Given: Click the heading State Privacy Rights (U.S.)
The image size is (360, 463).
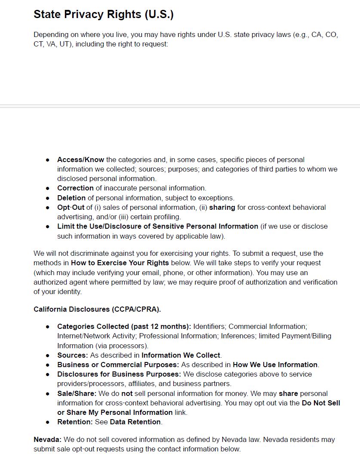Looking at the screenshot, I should [103, 14].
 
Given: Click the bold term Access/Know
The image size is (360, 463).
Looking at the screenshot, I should [81, 159].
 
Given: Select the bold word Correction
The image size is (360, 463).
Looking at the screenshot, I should [75, 188].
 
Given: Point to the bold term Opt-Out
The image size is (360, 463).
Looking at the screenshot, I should [71, 207].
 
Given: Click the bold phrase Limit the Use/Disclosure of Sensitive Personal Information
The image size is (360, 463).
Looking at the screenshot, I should [157, 226].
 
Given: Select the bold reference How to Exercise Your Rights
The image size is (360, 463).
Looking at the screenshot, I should [120, 263].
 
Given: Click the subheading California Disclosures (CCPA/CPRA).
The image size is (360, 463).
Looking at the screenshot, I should [97, 309].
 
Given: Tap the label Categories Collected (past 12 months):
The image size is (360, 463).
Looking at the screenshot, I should [124, 326].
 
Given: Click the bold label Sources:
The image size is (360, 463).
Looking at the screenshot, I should [73, 355].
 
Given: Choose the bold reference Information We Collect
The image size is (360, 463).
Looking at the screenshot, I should [181, 355].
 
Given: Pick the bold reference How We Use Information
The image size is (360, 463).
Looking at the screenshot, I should [275, 365].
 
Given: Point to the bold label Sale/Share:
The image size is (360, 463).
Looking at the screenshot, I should [77, 393].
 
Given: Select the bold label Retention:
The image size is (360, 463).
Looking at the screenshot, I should [75, 422].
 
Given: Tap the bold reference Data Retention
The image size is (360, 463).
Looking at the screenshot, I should [135, 422].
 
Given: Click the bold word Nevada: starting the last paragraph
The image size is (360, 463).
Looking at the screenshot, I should [47, 440].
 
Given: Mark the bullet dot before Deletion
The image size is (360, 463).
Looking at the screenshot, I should [48, 198].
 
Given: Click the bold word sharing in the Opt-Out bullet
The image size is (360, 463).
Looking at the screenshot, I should [222, 207].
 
